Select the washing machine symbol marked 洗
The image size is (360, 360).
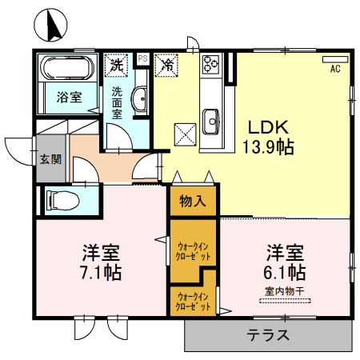pos(117,63)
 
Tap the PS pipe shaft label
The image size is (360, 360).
pos(142,58)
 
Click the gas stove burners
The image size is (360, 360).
pos(211,63)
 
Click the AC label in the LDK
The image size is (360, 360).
pos(335,68)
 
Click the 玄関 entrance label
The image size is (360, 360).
pos(50,158)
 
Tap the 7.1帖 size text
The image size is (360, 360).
pos(101,272)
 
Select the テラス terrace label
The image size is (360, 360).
pos(267,335)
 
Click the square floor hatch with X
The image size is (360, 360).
pos(185,131)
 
